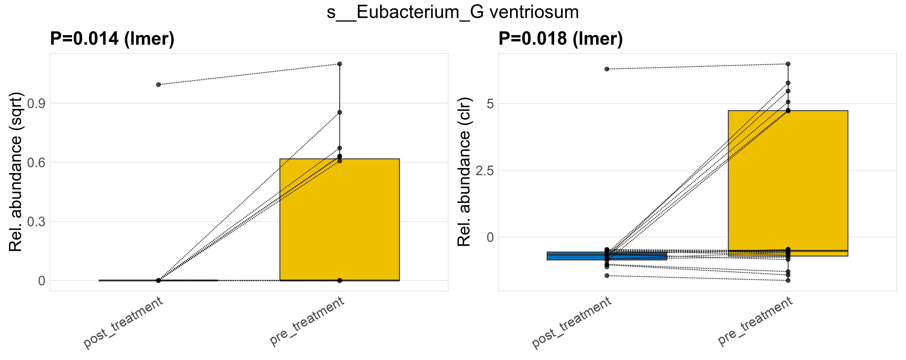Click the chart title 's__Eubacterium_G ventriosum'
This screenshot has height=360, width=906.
pos(453,13)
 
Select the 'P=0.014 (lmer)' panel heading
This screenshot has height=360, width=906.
pos(112,39)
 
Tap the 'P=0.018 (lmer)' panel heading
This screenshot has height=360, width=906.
pos(561,39)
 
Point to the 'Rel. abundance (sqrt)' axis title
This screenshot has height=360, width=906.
pos(16,172)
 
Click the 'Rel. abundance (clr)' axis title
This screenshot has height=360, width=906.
pos(464,172)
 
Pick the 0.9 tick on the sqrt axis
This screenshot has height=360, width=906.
pos(36,104)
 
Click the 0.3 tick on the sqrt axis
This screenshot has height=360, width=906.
pos(36,222)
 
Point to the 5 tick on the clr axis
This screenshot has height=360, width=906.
pos(490,104)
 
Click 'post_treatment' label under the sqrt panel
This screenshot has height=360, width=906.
pos(123,322)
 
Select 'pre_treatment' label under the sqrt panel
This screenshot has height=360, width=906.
pos(307,321)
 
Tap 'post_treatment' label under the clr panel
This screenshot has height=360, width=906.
pos(572,322)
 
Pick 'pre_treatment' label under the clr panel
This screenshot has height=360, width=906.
pos(755,321)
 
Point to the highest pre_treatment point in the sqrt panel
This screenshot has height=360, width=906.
pos(339,64)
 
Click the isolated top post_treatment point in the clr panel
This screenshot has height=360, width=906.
pos(607,69)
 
